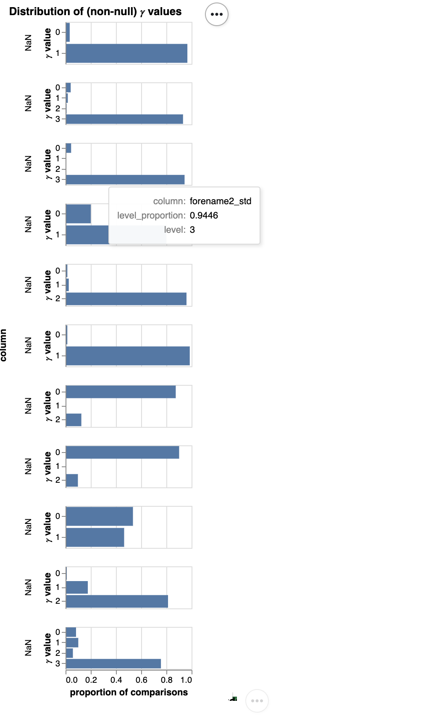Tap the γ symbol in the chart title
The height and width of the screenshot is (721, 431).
[142, 13]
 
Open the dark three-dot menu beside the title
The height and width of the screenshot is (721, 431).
[217, 14]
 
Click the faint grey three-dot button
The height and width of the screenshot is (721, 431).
[257, 701]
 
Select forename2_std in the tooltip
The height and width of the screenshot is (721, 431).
[220, 201]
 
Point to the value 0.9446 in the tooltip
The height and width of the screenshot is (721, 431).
[204, 216]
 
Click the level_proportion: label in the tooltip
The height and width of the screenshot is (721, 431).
[151, 216]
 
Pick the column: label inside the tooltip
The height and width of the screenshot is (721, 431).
[169, 201]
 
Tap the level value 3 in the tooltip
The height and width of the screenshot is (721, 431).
[192, 230]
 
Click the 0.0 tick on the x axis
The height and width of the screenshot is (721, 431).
[72, 680]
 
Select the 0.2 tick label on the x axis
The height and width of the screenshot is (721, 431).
[91, 680]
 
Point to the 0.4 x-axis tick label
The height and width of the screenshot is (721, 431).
[116, 680]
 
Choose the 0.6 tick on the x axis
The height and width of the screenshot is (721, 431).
[142, 680]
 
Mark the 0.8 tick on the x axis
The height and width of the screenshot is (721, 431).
[167, 680]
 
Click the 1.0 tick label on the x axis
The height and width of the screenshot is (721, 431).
[186, 680]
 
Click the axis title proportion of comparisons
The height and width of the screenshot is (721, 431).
[129, 692]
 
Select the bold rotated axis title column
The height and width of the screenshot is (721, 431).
[4, 345]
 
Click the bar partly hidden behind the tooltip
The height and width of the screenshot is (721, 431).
[87, 235]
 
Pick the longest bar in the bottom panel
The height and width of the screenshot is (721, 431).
[113, 663]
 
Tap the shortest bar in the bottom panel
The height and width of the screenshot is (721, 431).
[69, 653]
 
